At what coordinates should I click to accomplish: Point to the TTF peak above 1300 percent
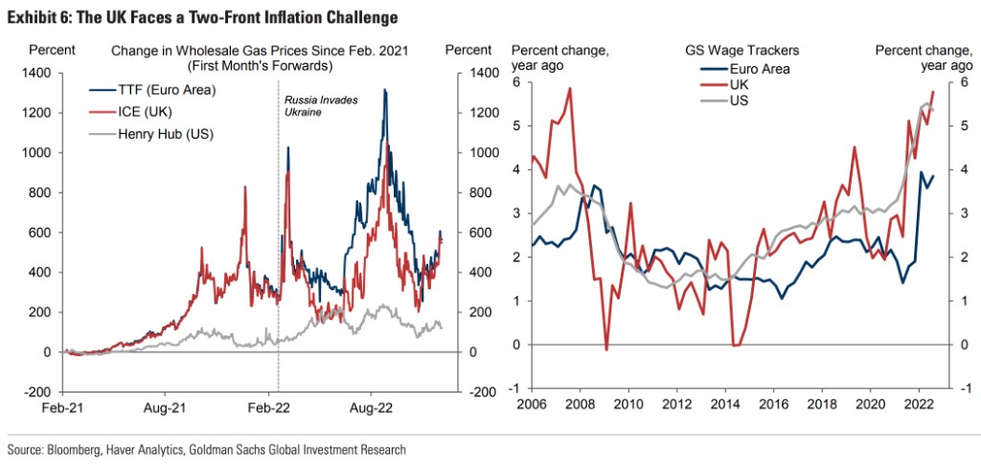pos(385,90)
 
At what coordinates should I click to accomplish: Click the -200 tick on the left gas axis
pos(40,392)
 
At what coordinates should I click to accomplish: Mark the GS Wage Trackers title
pos(741,51)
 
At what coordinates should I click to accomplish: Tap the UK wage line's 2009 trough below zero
pos(605,349)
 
